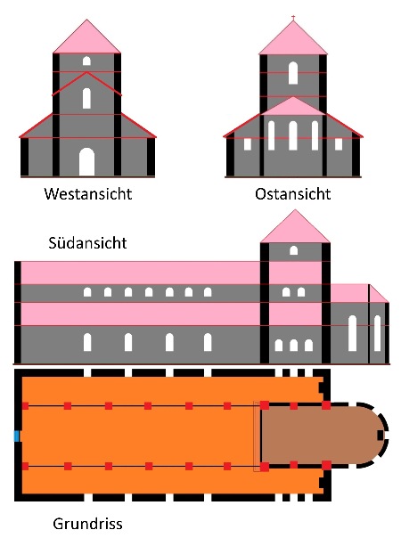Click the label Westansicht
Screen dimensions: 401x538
point(88,194)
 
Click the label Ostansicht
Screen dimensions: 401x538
point(293,194)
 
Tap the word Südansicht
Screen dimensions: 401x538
point(87,243)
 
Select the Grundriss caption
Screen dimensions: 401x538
point(87,524)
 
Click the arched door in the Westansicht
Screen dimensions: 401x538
point(86,162)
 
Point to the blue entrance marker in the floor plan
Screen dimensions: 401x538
point(16,436)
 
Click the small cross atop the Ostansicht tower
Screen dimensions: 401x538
point(293,17)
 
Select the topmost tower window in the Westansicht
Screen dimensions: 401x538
point(86,61)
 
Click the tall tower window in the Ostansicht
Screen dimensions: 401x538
point(293,73)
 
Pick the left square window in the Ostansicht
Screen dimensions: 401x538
point(248,144)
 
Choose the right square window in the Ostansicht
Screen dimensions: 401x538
point(339,144)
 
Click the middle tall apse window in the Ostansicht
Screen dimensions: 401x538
point(293,135)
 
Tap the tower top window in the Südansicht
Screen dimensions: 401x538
point(293,250)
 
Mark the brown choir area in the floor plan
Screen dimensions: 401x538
point(321,436)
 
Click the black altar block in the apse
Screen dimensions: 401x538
point(380,436)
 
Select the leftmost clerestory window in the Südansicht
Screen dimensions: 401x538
point(87,292)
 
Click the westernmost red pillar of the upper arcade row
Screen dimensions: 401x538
point(25,406)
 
